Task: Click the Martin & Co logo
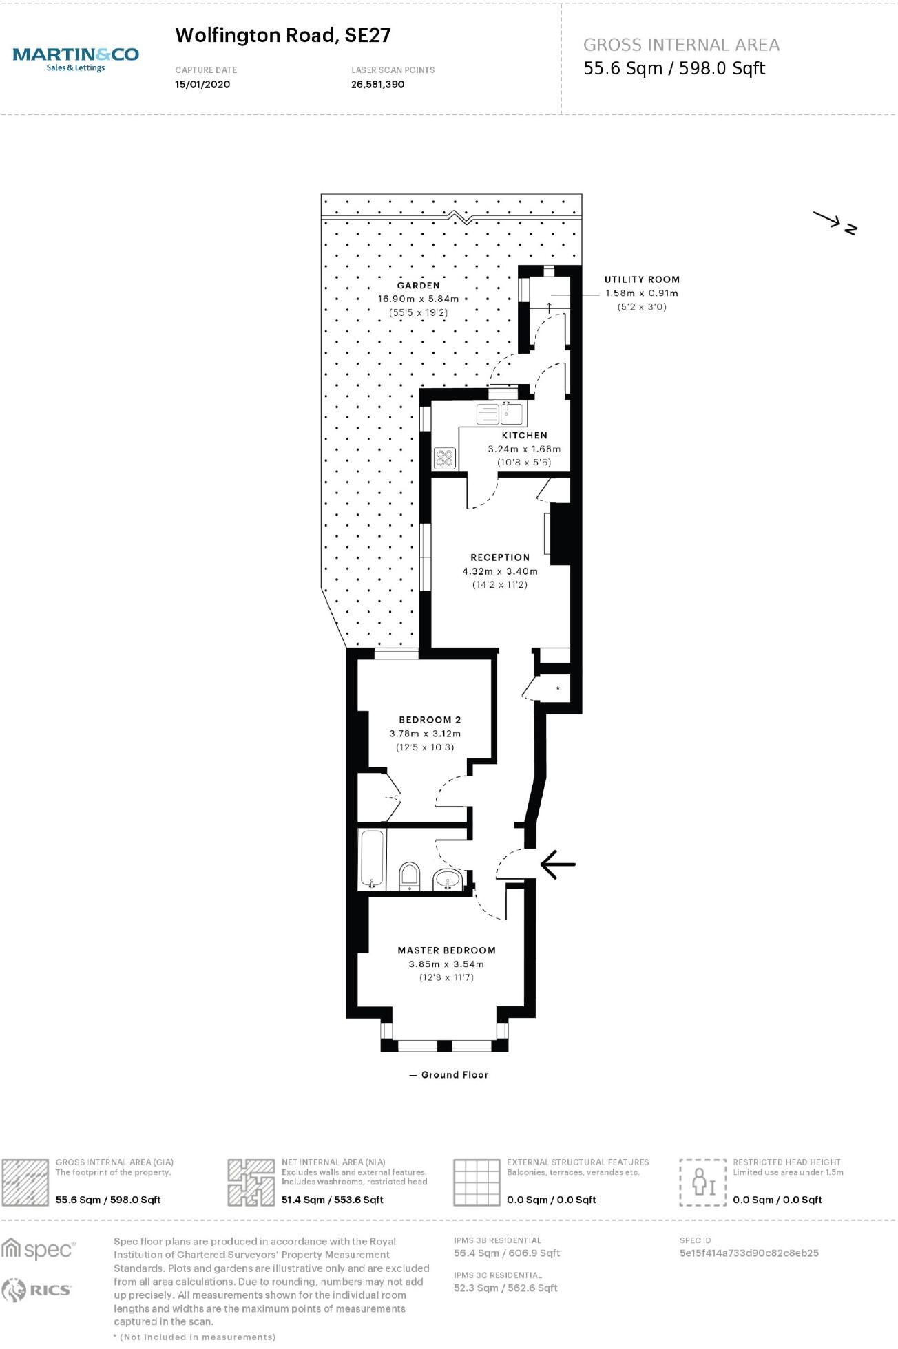pyautogui.click(x=76, y=58)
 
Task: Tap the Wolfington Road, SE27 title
pyautogui.click(x=283, y=35)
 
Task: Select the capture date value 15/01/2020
pyautogui.click(x=202, y=85)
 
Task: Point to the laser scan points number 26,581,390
pyautogui.click(x=378, y=85)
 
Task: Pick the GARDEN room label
pyautogui.click(x=418, y=285)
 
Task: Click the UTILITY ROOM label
pyautogui.click(x=642, y=279)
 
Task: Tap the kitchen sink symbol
pyautogui.click(x=510, y=414)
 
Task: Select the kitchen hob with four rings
pyautogui.click(x=445, y=458)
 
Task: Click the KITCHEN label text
pyautogui.click(x=524, y=435)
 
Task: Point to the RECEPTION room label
pyautogui.click(x=500, y=557)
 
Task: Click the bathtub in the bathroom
pyautogui.click(x=372, y=859)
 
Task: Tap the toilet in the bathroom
pyautogui.click(x=409, y=875)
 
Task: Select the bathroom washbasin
pyautogui.click(x=448, y=879)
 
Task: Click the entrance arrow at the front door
pyautogui.click(x=557, y=864)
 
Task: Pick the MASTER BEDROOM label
pyautogui.click(x=446, y=950)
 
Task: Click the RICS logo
pyautogui.click(x=38, y=1290)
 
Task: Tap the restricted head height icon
pyautogui.click(x=702, y=1182)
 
